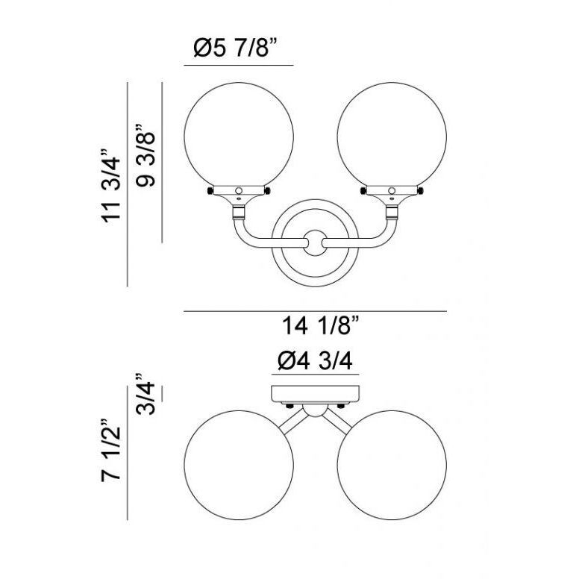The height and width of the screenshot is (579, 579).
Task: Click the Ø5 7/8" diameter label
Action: (238, 49)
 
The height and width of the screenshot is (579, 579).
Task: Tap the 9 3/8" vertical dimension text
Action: (147, 160)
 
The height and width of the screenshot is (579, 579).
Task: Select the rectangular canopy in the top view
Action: (315, 392)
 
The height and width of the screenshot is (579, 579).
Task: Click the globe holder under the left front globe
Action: (239, 193)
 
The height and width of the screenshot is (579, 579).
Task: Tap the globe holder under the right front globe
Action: (392, 193)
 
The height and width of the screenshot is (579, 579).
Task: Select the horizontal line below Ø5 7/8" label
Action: (238, 67)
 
